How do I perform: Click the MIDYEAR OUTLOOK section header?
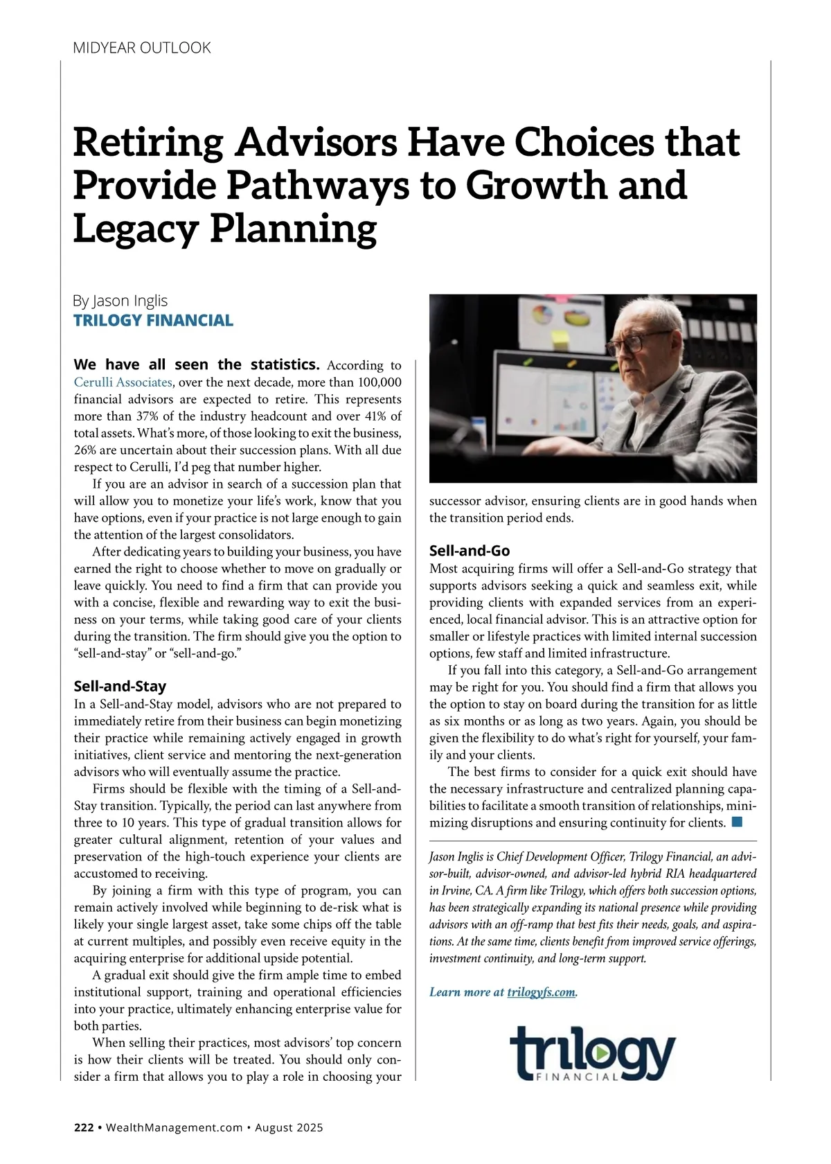[142, 48]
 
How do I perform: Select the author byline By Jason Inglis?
[120, 301]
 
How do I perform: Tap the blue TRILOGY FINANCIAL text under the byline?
[153, 320]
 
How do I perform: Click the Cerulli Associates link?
[123, 382]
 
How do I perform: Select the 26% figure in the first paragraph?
[86, 450]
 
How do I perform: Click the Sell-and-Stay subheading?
[120, 687]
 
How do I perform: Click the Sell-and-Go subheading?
[470, 551]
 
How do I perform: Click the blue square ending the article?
[737, 822]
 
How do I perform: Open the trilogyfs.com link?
[541, 992]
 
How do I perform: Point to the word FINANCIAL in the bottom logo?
[577, 1077]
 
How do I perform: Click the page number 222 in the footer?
[84, 1127]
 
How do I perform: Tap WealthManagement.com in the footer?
[174, 1127]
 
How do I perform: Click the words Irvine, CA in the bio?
[454, 890]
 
